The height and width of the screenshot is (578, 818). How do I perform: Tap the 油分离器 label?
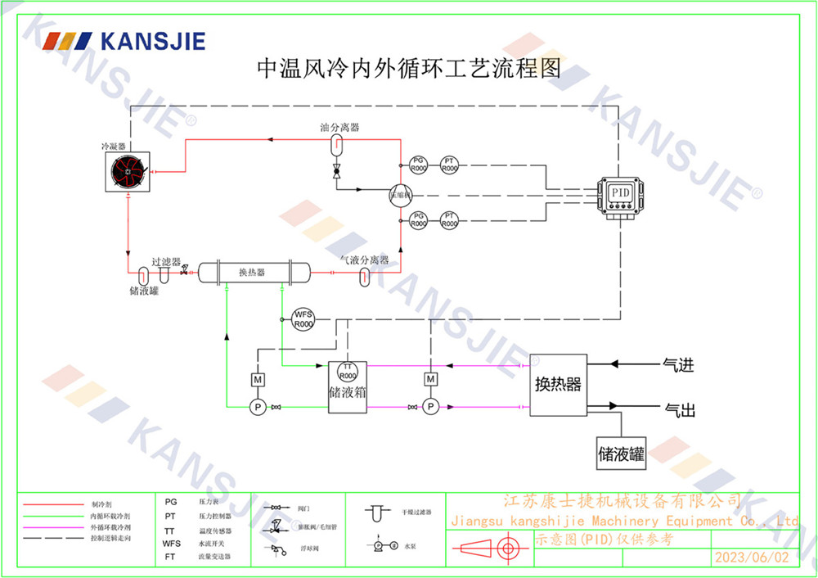tap(339, 128)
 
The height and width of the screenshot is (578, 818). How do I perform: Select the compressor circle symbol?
tap(401, 194)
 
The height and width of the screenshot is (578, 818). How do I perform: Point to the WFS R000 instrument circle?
tap(303, 318)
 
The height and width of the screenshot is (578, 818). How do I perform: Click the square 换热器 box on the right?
tap(558, 385)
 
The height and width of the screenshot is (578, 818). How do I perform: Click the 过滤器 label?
tap(165, 263)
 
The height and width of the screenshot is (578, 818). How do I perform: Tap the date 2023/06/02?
tap(753, 558)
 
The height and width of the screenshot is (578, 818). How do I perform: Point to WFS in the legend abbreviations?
tap(171, 543)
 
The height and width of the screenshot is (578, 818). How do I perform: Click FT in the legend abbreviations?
tap(170, 556)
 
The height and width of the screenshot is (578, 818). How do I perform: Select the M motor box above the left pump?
tap(256, 379)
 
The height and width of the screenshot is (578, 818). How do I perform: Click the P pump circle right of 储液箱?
tap(431, 406)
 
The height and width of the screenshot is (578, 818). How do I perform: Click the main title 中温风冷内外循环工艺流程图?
tap(409, 69)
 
